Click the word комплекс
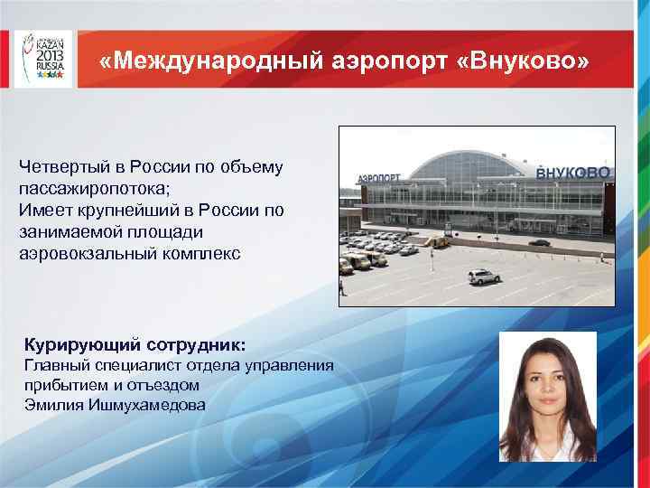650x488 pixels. (202, 254)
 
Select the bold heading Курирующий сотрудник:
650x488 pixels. (135, 345)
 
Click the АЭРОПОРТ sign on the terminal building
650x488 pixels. (379, 178)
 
